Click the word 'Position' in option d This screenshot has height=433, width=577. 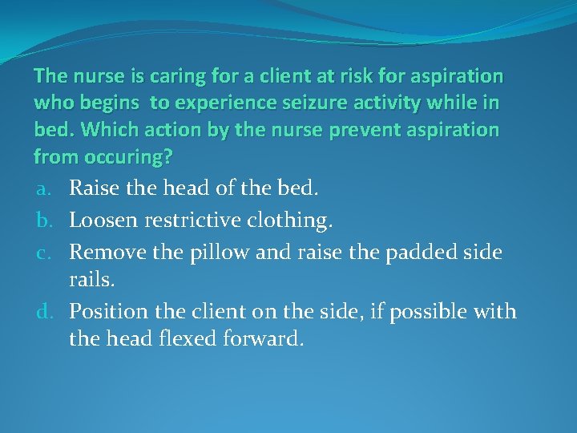[x=107, y=310]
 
